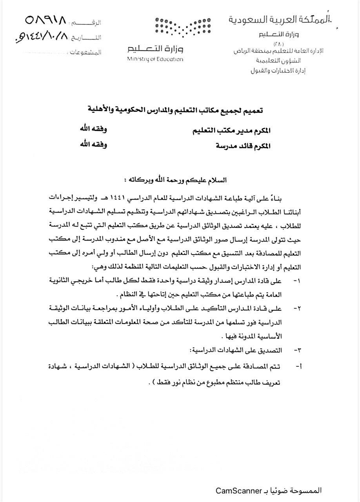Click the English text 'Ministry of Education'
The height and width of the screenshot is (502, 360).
pyautogui.click(x=155, y=59)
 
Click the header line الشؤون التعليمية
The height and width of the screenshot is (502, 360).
pyautogui.click(x=283, y=61)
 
